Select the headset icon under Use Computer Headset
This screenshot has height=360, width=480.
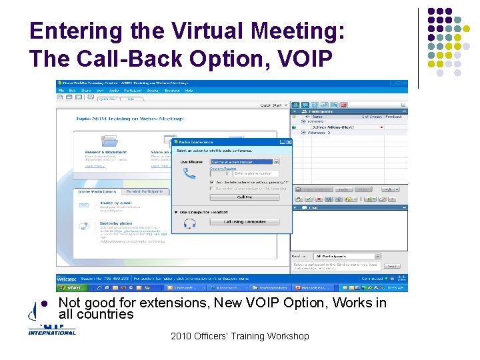point(189,223)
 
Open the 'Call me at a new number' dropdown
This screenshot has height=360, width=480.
point(245,162)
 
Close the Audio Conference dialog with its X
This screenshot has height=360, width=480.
point(289,141)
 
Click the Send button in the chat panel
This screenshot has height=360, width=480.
point(394,265)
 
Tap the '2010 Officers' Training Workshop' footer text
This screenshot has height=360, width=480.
point(239,336)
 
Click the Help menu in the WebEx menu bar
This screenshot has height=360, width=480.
point(189,90)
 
